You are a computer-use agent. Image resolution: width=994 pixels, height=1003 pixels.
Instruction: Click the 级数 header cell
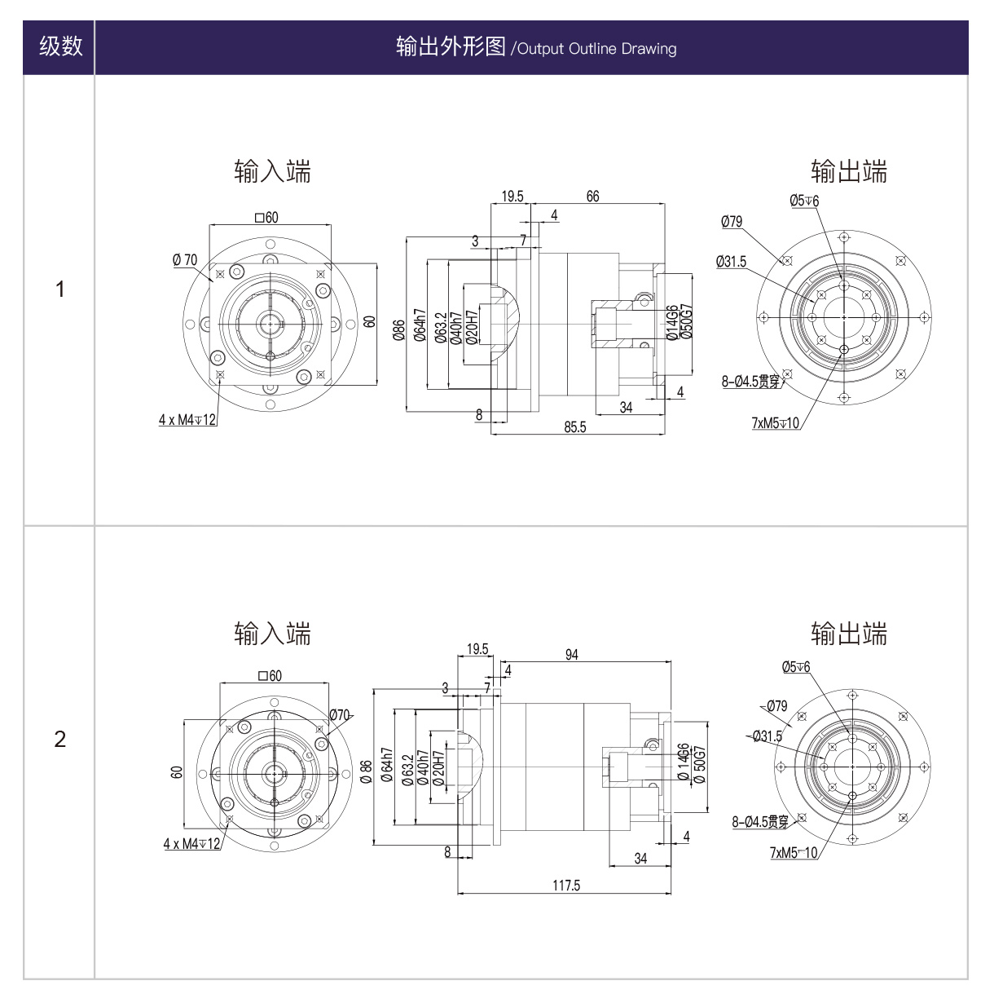tap(60, 46)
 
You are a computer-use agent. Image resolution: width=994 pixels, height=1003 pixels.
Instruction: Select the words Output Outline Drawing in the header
tap(597, 49)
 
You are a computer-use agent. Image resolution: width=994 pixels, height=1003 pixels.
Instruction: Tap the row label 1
tap(59, 289)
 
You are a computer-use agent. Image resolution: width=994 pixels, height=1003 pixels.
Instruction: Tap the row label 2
tap(59, 739)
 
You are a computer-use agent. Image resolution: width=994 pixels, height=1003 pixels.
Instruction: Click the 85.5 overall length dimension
tap(574, 426)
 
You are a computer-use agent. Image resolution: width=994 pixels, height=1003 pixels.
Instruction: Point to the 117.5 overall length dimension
tap(566, 886)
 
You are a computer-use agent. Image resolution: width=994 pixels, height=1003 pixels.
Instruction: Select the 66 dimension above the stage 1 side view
tap(592, 197)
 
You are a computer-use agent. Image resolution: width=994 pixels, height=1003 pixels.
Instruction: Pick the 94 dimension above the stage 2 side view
tap(572, 655)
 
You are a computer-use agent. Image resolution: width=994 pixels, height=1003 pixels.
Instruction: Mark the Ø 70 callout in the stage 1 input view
tap(185, 260)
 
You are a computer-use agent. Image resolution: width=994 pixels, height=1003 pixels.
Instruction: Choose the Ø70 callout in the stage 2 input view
tap(340, 715)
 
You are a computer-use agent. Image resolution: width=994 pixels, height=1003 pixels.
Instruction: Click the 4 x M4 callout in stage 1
tap(187, 420)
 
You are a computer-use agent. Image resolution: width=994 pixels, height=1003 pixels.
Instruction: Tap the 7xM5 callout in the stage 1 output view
tap(776, 423)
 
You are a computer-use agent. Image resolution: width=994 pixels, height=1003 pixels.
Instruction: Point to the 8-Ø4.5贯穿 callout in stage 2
tap(760, 822)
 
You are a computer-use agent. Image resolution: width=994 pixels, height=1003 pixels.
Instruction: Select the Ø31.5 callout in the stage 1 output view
tap(731, 262)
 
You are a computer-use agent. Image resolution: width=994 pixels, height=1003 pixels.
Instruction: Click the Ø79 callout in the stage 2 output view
tap(776, 706)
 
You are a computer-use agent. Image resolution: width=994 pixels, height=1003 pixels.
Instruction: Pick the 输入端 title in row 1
tap(272, 171)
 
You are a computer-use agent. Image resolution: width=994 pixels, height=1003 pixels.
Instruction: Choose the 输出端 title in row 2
tap(849, 634)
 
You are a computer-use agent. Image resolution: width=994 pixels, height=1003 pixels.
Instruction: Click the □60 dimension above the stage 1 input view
tap(266, 218)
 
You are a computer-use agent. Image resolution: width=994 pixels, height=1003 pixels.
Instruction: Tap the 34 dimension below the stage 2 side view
tap(640, 858)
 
